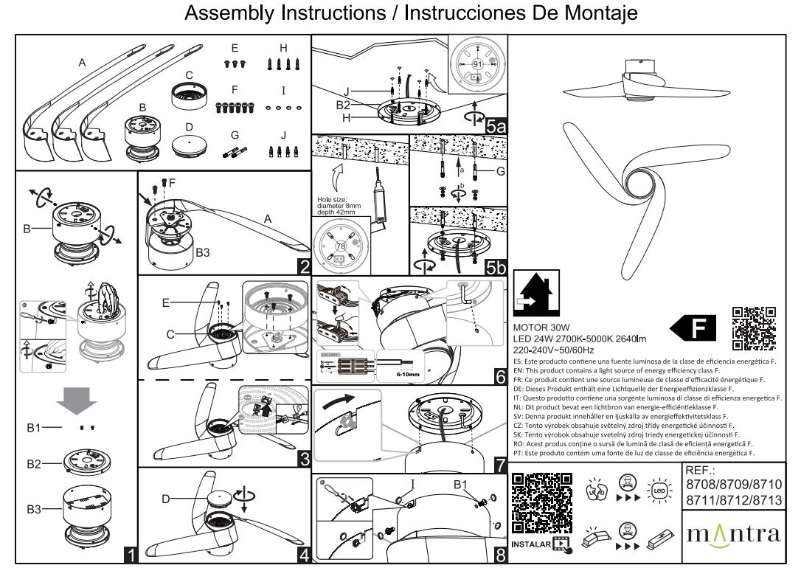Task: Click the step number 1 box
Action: point(131,553)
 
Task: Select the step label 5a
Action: point(496,125)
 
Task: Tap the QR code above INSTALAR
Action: point(541,502)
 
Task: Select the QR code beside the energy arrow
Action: point(755,328)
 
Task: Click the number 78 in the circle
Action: point(341,244)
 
